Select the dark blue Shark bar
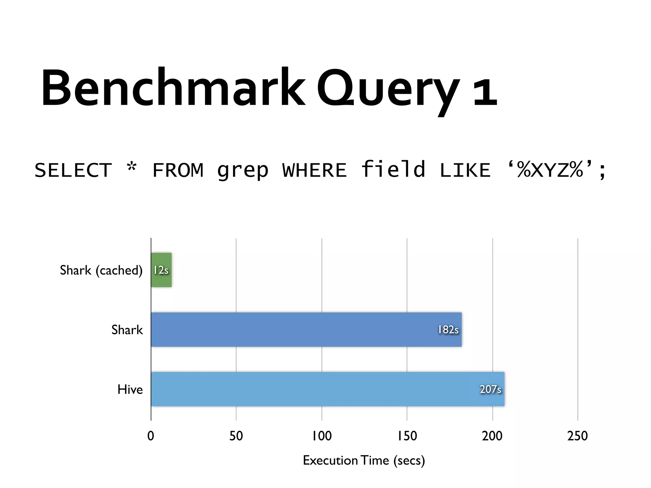286,330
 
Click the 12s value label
161,270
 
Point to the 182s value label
448,330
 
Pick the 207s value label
490,389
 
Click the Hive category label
130,390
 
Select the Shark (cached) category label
101,270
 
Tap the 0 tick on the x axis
151,436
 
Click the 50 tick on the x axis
236,436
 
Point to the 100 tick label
322,436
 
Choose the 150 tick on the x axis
407,436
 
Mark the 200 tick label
492,436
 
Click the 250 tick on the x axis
578,436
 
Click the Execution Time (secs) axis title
364,460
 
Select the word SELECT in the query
73,170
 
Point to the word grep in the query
243,171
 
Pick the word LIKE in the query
465,170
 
